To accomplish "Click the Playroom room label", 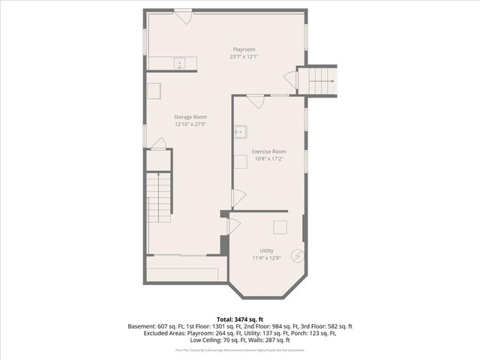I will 244,49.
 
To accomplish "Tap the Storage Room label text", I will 190,117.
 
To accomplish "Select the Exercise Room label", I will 268,151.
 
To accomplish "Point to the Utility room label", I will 266,250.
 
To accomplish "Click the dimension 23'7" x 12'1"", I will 244,56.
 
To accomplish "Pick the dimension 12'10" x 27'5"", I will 190,124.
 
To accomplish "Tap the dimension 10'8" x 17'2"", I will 268,159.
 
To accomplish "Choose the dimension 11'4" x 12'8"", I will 266,258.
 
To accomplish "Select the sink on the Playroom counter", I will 180,63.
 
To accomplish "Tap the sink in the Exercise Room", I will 241,132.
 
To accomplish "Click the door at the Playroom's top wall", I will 183,16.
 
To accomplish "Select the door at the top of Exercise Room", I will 255,100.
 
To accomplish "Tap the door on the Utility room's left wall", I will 233,225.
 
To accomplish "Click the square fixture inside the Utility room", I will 279,227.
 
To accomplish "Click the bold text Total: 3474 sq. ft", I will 240,319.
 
